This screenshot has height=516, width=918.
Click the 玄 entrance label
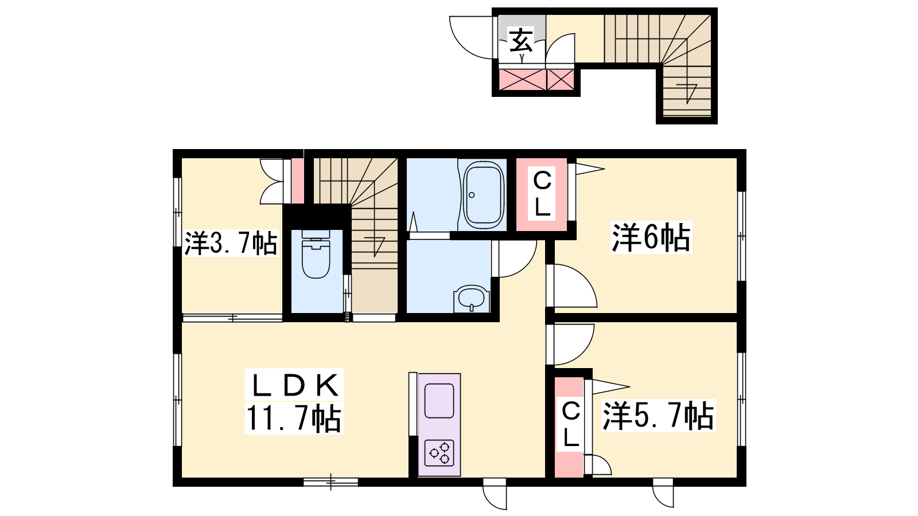pos(521,40)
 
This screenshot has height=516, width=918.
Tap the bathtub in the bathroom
pos(483,196)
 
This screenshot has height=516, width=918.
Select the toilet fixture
pos(316,254)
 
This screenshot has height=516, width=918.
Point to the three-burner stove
pos(439,453)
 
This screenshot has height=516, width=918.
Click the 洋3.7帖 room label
pos(231,243)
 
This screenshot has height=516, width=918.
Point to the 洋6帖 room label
pos(651,237)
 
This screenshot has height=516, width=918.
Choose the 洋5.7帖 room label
pos(658,415)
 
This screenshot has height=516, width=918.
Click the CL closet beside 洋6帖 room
pos(542,195)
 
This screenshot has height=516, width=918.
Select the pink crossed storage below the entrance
pos(536,80)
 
